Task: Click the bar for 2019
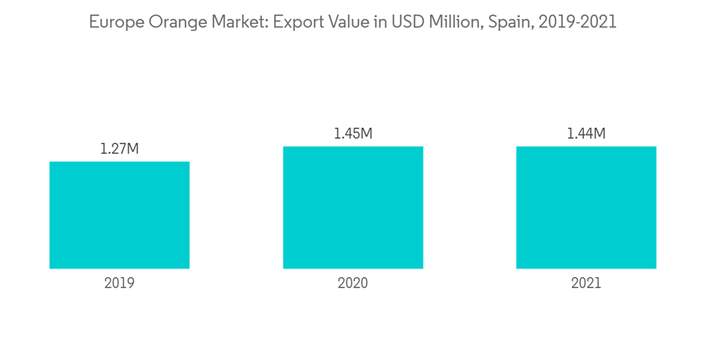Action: tap(119, 215)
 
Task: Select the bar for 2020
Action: tap(353, 207)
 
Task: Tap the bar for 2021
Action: tap(586, 207)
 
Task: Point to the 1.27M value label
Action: tap(119, 149)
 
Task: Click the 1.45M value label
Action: tap(353, 134)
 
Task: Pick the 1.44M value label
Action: tap(586, 134)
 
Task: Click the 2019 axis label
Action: tap(119, 283)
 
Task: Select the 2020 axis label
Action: tap(353, 283)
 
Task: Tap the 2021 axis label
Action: tap(586, 283)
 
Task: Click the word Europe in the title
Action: tap(113, 22)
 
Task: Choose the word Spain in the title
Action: tap(509, 23)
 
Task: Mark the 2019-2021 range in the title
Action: tap(577, 22)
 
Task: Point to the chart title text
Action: tap(352, 22)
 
